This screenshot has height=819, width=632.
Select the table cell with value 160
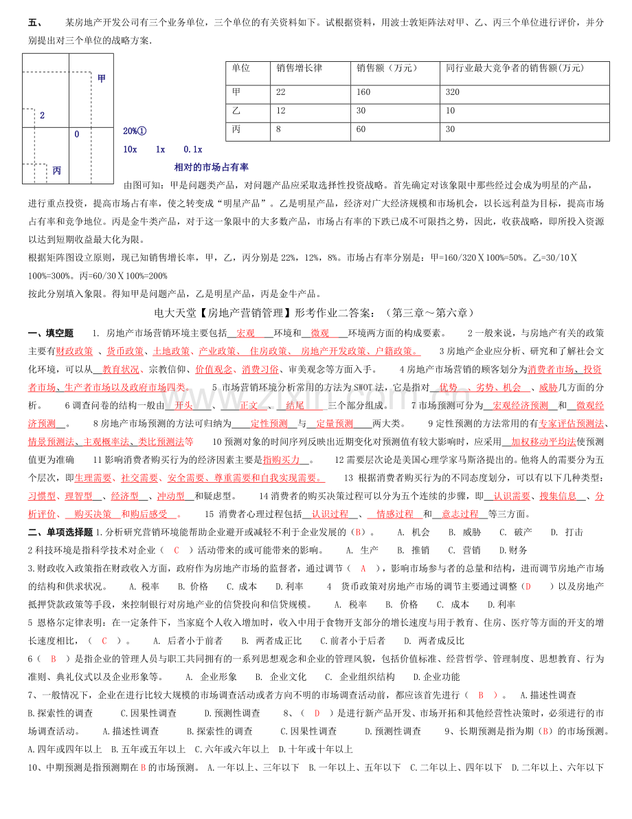(x=363, y=91)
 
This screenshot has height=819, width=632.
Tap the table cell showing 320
(x=453, y=91)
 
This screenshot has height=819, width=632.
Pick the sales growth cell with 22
(x=281, y=91)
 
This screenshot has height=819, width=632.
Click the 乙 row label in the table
(x=236, y=111)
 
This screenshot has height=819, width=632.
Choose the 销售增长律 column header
(x=299, y=68)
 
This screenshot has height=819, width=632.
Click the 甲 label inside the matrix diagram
(x=102, y=78)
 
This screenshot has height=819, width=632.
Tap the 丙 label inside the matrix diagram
(x=57, y=171)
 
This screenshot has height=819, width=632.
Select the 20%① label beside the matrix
(x=135, y=131)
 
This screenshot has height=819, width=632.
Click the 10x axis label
(x=130, y=149)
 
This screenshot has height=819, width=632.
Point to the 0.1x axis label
(x=192, y=149)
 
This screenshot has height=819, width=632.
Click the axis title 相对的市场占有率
(x=212, y=167)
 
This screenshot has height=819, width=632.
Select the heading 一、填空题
(x=51, y=333)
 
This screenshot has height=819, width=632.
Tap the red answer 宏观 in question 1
(x=245, y=333)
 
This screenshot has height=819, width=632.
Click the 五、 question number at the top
(x=35, y=23)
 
